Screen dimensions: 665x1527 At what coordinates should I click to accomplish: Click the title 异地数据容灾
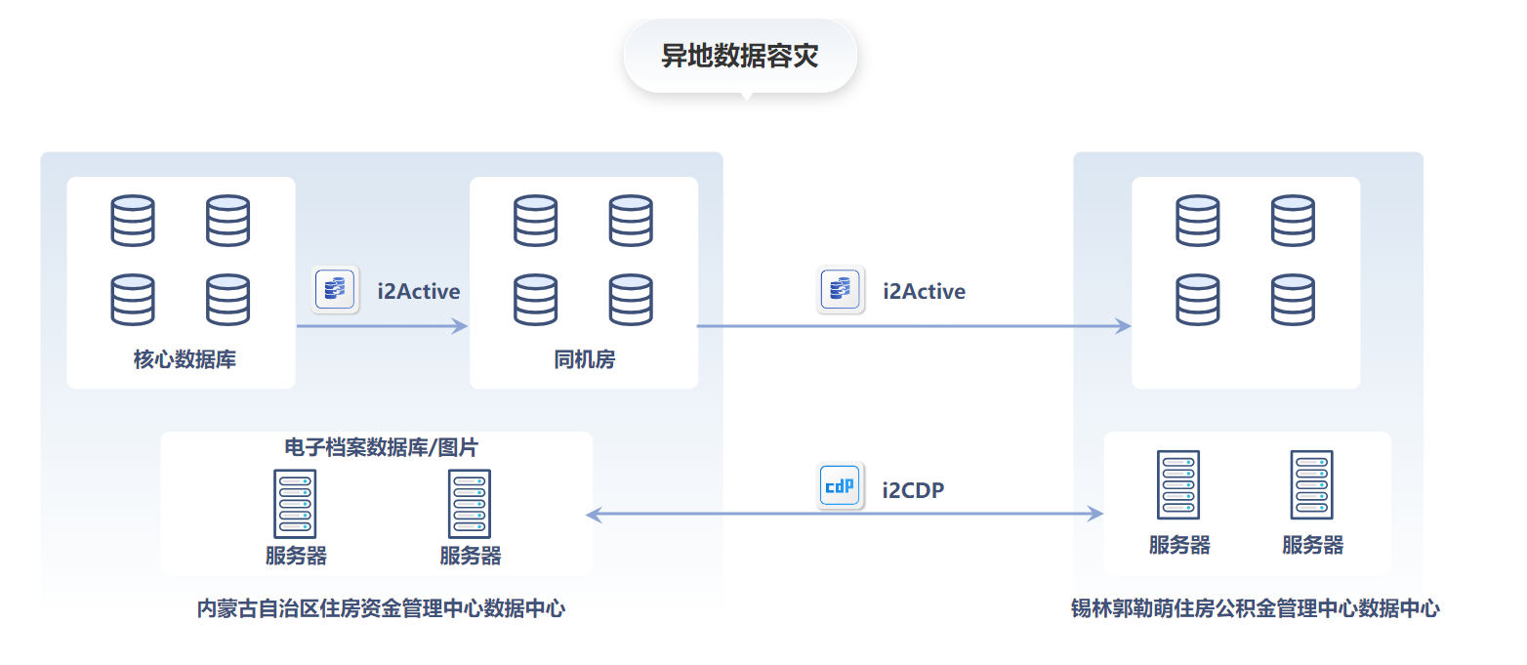(x=739, y=57)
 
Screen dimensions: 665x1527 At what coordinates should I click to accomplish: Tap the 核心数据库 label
(x=185, y=359)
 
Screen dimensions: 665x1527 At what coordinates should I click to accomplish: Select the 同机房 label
(x=584, y=359)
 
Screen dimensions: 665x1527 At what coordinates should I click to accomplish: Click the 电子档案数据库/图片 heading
(x=382, y=447)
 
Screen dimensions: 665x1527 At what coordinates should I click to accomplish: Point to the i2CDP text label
(x=913, y=489)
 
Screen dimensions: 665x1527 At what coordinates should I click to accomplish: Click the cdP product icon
(x=840, y=486)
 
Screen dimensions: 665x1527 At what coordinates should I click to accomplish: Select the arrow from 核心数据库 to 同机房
(x=382, y=326)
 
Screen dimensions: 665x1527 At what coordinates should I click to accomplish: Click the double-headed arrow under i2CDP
(x=845, y=514)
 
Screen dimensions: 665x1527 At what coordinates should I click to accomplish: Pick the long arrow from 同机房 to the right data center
(x=913, y=326)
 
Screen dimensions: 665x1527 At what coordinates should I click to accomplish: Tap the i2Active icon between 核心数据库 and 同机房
(x=335, y=290)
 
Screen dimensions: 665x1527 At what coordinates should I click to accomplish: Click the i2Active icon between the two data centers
(x=840, y=290)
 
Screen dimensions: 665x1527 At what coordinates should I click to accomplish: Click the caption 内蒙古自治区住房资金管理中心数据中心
(x=381, y=608)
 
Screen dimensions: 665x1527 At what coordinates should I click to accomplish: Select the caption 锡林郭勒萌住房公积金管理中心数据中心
(x=1255, y=608)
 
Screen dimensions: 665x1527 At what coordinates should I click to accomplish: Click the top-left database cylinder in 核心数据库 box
(x=133, y=221)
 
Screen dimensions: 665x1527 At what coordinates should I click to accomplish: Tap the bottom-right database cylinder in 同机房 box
(x=631, y=300)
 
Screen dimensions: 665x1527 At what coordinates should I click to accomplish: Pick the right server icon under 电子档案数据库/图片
(x=470, y=504)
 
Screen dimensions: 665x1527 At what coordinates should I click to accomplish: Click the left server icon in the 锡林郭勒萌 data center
(x=1177, y=484)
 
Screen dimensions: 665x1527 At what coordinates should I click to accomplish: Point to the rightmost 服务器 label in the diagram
(x=1312, y=545)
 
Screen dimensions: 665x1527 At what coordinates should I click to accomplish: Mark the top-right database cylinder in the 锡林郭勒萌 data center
(x=1293, y=221)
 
